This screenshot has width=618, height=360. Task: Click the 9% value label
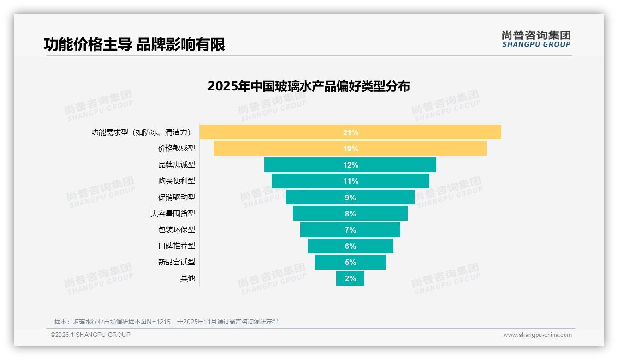350,198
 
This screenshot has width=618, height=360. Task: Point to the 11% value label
350,181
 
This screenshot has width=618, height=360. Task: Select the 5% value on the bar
350,262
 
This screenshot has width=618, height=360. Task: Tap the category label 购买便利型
176,181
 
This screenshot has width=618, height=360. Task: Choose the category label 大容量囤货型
172,214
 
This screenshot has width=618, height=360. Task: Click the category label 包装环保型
176,230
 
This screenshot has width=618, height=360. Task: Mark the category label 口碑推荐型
176,246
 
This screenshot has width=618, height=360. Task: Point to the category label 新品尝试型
176,262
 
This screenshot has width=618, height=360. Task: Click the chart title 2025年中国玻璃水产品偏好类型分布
309,86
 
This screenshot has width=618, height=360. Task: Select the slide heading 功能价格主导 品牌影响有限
134,45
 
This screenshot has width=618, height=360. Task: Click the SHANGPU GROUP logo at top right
536,39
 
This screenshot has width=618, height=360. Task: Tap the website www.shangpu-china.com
537,335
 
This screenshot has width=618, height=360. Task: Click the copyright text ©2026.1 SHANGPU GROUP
90,335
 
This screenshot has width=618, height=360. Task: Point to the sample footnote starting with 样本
166,322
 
